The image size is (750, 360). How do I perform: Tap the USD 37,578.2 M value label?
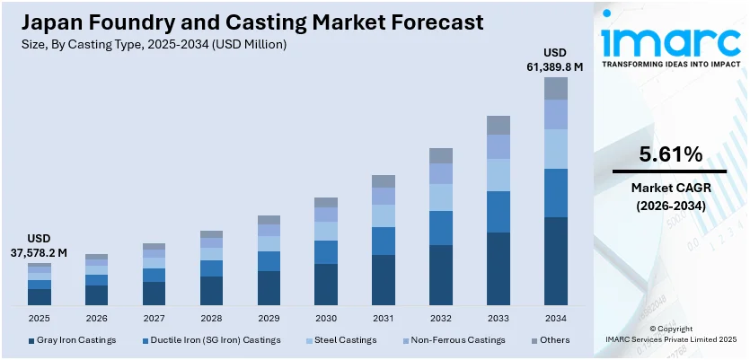coord(40,246)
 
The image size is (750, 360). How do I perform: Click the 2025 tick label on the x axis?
coord(40,318)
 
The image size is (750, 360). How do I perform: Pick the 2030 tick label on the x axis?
coord(326,318)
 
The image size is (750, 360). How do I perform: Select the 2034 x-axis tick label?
coord(556,318)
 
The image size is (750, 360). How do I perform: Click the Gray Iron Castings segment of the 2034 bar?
coord(556,261)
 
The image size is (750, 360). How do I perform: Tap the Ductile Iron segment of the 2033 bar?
coord(499,212)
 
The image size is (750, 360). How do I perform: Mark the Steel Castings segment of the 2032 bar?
coord(441,198)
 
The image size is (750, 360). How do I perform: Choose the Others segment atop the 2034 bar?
coord(556,88)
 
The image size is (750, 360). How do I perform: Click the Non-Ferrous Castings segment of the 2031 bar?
coord(384,196)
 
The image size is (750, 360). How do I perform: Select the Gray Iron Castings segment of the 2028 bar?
coord(211,291)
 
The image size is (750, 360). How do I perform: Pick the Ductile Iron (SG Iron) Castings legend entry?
coord(212,340)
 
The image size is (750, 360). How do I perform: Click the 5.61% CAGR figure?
coord(670,154)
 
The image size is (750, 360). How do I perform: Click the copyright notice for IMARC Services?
coord(670,335)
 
